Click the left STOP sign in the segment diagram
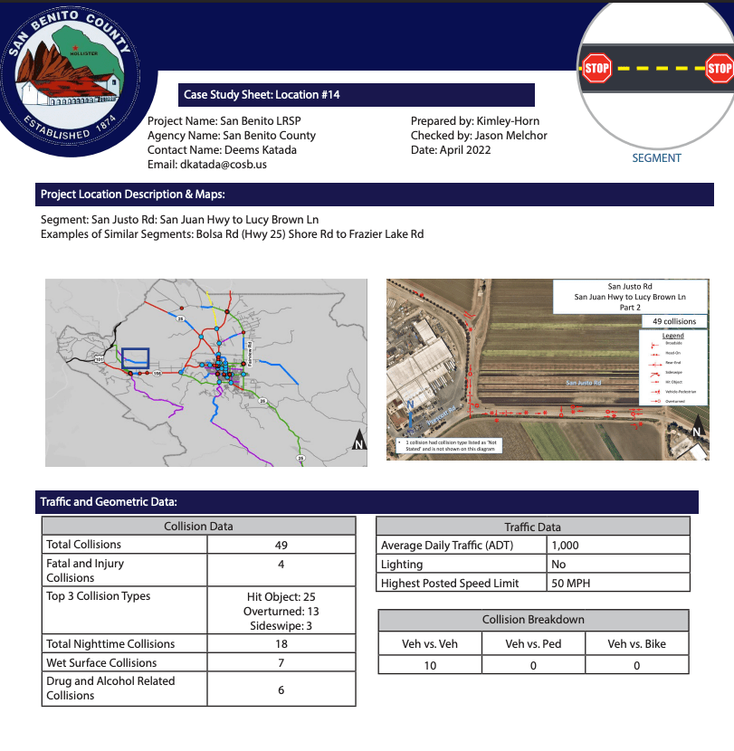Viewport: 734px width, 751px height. [597, 68]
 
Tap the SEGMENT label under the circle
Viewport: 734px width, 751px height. [656, 158]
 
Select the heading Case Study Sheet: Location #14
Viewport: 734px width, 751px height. [262, 94]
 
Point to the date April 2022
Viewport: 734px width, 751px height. [465, 149]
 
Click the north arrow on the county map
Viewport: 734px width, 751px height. [358, 442]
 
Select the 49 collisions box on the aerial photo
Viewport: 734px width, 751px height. [674, 321]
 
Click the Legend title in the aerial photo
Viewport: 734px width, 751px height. [673, 336]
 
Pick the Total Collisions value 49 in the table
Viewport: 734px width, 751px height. [281, 545]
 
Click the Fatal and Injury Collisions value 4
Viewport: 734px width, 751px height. [281, 564]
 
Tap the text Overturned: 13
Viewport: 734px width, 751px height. [281, 612]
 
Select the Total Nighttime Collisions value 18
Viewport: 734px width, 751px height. [281, 644]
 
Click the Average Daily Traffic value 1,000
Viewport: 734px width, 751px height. [564, 546]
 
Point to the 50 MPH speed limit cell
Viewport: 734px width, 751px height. [570, 584]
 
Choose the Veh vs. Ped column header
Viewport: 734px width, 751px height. [533, 643]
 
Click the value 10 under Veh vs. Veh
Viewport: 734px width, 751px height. [430, 666]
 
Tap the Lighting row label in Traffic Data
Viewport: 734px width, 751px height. [402, 565]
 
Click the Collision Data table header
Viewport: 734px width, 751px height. [198, 526]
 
